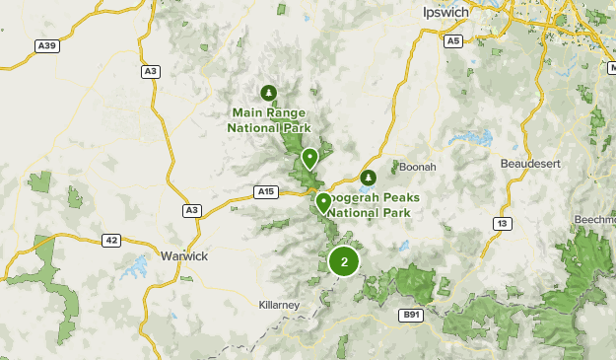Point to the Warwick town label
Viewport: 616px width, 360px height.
(184, 256)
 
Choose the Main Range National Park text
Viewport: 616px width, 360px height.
(269, 121)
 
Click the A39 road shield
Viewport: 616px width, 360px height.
(45, 45)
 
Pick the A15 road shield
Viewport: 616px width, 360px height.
(265, 191)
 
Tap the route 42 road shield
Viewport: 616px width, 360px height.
(110, 240)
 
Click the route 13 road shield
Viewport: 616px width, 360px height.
(503, 224)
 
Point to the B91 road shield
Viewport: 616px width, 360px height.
(411, 315)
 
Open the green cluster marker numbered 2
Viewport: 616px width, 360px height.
(343, 261)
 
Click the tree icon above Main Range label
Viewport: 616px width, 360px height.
(269, 93)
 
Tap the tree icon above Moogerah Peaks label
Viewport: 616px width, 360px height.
(368, 178)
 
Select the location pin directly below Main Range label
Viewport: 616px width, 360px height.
(310, 158)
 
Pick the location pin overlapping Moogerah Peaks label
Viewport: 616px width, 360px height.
(323, 202)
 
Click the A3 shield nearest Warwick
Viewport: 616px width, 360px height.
(191, 210)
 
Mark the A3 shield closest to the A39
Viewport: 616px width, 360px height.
(151, 71)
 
